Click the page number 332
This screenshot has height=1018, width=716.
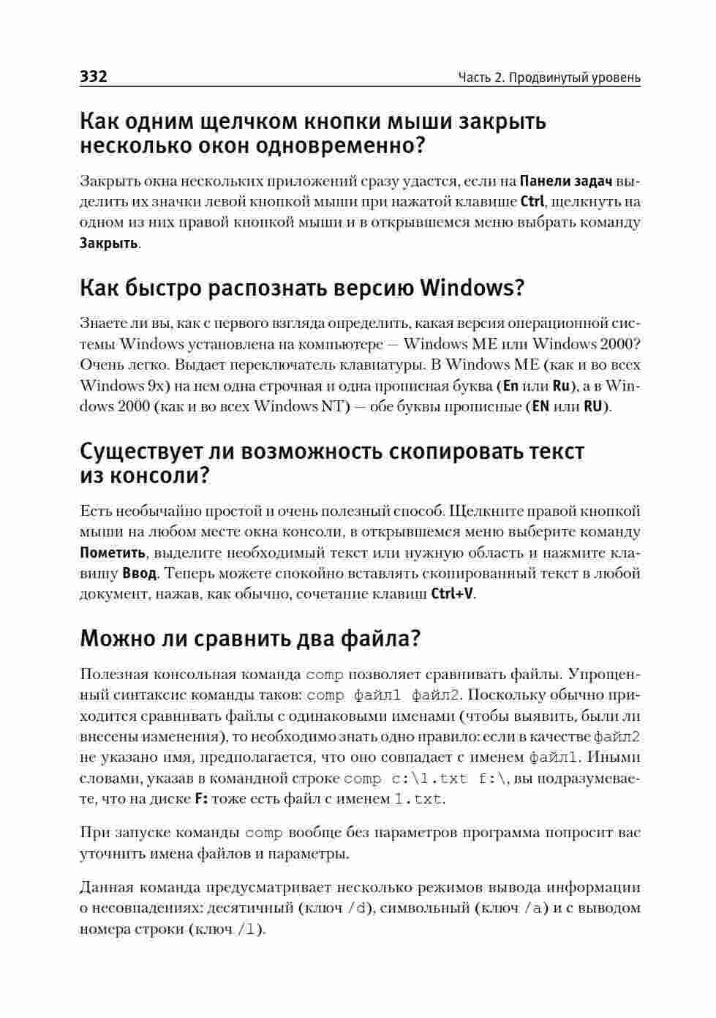(x=94, y=77)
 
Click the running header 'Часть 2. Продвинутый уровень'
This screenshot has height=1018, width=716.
(x=549, y=78)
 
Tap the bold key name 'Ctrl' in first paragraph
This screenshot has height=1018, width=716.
(x=532, y=201)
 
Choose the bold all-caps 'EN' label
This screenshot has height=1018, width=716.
(x=540, y=406)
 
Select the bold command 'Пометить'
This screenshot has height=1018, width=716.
(x=113, y=553)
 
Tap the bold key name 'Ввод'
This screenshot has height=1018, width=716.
(x=139, y=573)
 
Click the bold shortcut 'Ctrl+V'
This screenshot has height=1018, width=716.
(x=452, y=594)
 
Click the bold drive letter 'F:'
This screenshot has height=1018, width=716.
(x=201, y=799)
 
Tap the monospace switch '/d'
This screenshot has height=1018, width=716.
(x=359, y=909)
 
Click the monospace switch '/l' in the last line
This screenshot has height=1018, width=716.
(x=249, y=929)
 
